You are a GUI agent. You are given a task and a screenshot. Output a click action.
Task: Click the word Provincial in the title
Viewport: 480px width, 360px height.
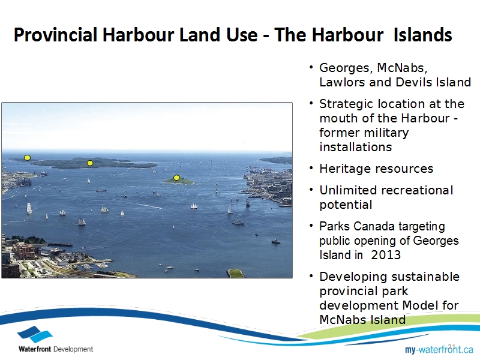(56, 35)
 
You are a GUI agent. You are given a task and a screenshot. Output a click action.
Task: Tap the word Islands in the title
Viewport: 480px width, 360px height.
(423, 35)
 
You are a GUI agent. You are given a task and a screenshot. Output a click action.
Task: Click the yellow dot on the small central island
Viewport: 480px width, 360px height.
(176, 178)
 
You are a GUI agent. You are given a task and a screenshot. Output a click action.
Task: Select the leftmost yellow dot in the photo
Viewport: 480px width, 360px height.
(27, 158)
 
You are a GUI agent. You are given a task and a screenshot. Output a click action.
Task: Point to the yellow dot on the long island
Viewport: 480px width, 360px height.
(89, 163)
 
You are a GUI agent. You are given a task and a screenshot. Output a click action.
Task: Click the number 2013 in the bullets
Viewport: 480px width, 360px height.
(386, 255)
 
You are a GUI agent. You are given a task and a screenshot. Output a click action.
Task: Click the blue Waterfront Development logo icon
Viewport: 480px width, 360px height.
(35, 334)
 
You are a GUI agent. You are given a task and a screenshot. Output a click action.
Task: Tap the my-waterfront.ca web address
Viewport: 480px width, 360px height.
(439, 349)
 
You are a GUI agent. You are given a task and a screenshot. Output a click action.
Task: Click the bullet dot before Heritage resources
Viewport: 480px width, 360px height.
(311, 168)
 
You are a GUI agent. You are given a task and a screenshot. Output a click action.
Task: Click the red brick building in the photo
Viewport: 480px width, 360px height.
(23, 251)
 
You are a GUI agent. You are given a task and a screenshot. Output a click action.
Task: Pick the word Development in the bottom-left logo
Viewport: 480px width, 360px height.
(73, 349)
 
